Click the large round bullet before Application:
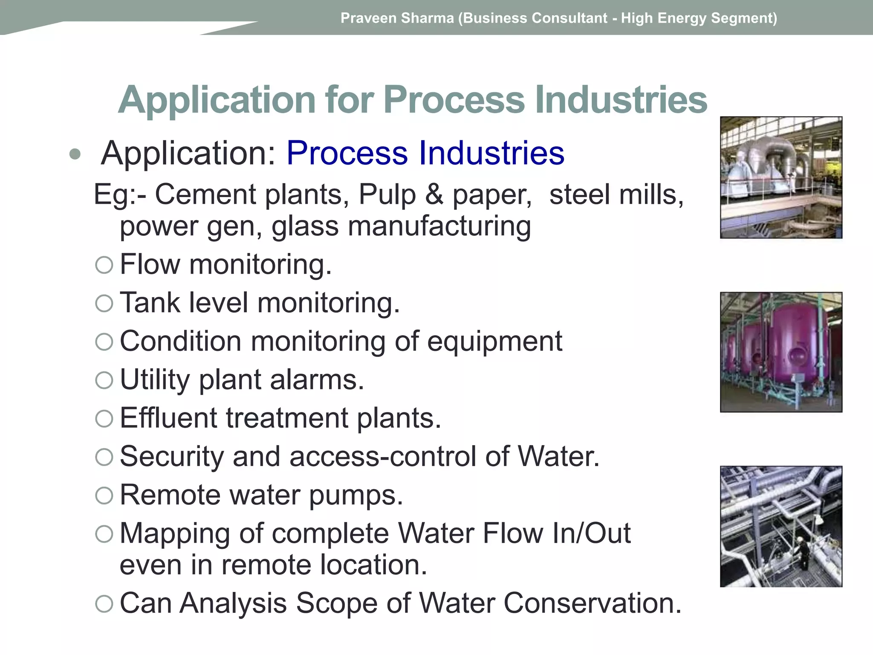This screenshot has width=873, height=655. pos(75,154)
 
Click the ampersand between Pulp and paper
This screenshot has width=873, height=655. pos(434,194)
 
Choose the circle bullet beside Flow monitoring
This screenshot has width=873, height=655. pos(104,265)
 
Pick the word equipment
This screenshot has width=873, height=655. pos(494,342)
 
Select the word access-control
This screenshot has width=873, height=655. pos(383,456)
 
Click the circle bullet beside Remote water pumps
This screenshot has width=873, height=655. pos(104,496)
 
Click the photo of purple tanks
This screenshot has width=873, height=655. pos(781,352)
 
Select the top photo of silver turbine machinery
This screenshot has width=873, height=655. pos(781,177)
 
